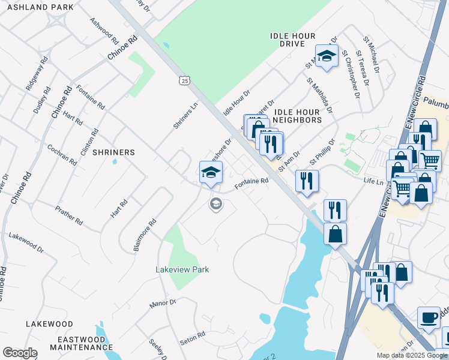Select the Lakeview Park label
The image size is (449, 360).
182,269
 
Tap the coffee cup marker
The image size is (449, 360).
429,317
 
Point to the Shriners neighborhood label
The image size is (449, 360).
113,152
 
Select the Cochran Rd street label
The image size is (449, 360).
62,154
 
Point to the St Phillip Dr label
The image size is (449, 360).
321,154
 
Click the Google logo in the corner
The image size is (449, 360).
20,353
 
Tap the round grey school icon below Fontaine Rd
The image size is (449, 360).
215,205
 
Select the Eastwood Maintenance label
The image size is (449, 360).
73,343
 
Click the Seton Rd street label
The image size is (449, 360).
193,338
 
